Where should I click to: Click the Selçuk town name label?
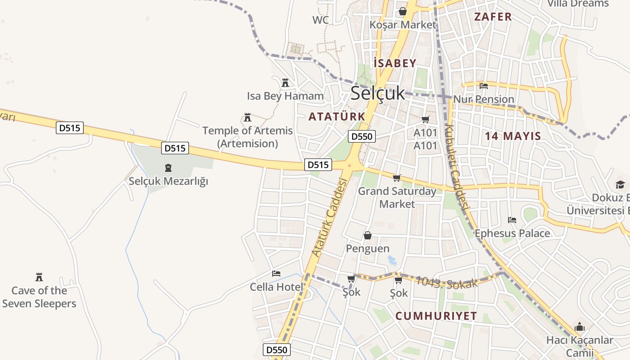tap(378, 93)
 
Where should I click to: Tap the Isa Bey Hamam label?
tap(285, 96)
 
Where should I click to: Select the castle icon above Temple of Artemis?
tap(247, 118)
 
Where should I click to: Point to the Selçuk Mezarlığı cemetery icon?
tap(168, 168)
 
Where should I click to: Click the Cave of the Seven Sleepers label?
tap(39, 297)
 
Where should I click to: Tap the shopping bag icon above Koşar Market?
tap(402, 11)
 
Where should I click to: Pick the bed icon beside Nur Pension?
tap(484, 85)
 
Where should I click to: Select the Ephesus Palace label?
tap(512, 233)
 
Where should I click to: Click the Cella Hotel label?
tap(276, 287)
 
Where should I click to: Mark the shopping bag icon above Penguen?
tap(368, 235)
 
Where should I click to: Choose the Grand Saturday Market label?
tap(397, 198)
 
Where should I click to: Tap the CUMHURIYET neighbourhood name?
tap(436, 316)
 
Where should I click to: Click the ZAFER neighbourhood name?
tap(493, 17)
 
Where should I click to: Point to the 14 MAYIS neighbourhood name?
tap(513, 136)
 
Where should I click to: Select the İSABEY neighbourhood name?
tap(395, 63)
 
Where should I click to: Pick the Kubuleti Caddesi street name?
tap(456, 166)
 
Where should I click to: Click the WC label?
tap(320, 20)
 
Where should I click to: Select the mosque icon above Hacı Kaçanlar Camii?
tap(580, 327)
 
